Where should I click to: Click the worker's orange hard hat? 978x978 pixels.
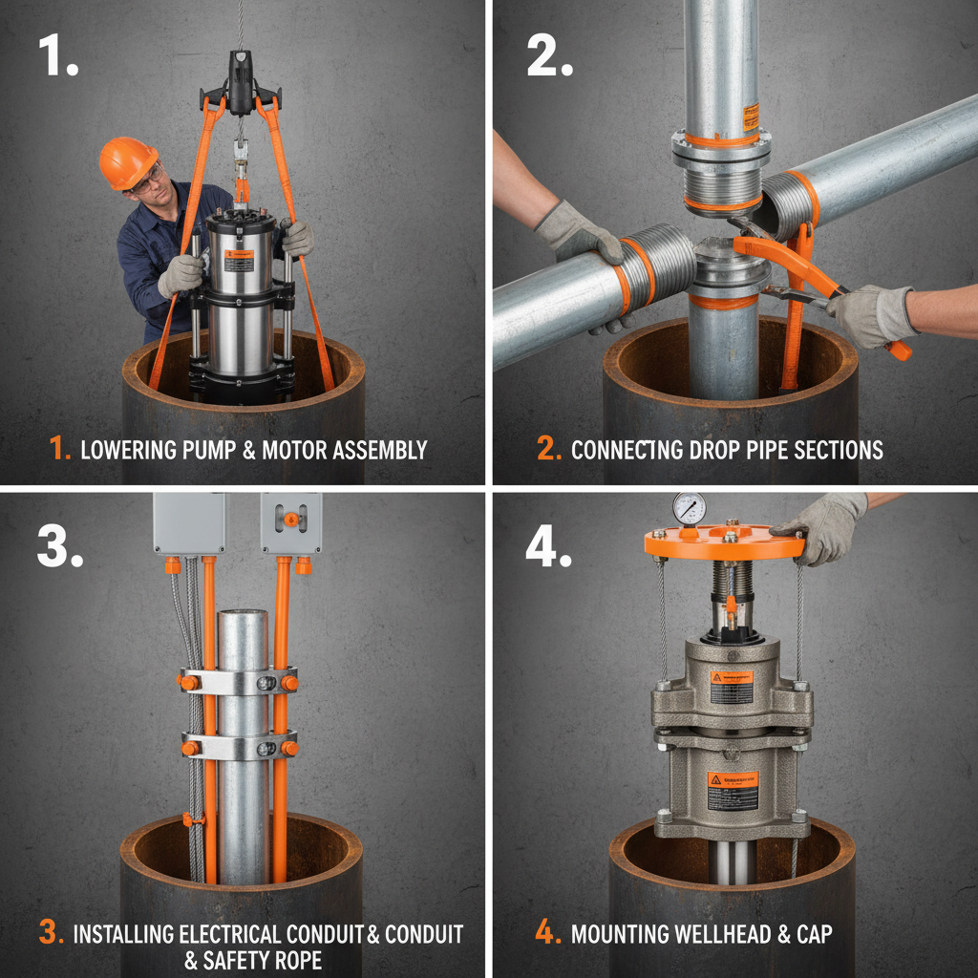click(128, 161)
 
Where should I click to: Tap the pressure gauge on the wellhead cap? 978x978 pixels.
click(689, 508)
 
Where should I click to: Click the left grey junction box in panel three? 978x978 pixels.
click(190, 522)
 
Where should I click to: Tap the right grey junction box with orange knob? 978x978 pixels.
click(290, 522)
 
